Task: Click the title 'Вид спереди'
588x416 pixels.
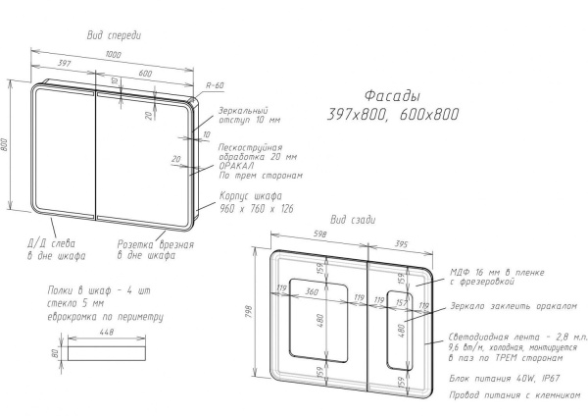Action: click(x=114, y=35)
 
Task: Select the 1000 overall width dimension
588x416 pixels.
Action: click(x=113, y=54)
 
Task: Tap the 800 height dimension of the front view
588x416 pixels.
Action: click(x=4, y=145)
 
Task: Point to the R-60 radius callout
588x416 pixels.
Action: click(x=215, y=85)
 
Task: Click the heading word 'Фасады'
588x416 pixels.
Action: click(x=392, y=96)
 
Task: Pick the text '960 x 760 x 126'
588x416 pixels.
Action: click(x=257, y=209)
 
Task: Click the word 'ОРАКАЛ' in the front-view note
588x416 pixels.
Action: click(x=236, y=166)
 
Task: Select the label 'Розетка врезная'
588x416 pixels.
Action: click(x=156, y=245)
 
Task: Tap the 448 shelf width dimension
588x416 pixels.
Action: click(x=107, y=332)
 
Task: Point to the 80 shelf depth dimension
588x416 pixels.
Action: click(x=55, y=353)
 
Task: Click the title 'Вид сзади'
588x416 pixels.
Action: click(x=353, y=220)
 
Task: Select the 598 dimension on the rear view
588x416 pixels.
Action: click(x=319, y=234)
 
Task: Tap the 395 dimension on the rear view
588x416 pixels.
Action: click(x=401, y=244)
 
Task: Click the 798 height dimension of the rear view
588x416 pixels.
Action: click(x=249, y=313)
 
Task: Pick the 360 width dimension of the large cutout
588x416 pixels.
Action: click(x=312, y=291)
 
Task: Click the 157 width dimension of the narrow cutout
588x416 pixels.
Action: click(x=401, y=302)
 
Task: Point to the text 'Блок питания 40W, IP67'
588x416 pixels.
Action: click(x=505, y=378)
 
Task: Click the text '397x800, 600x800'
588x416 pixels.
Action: click(x=393, y=114)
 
